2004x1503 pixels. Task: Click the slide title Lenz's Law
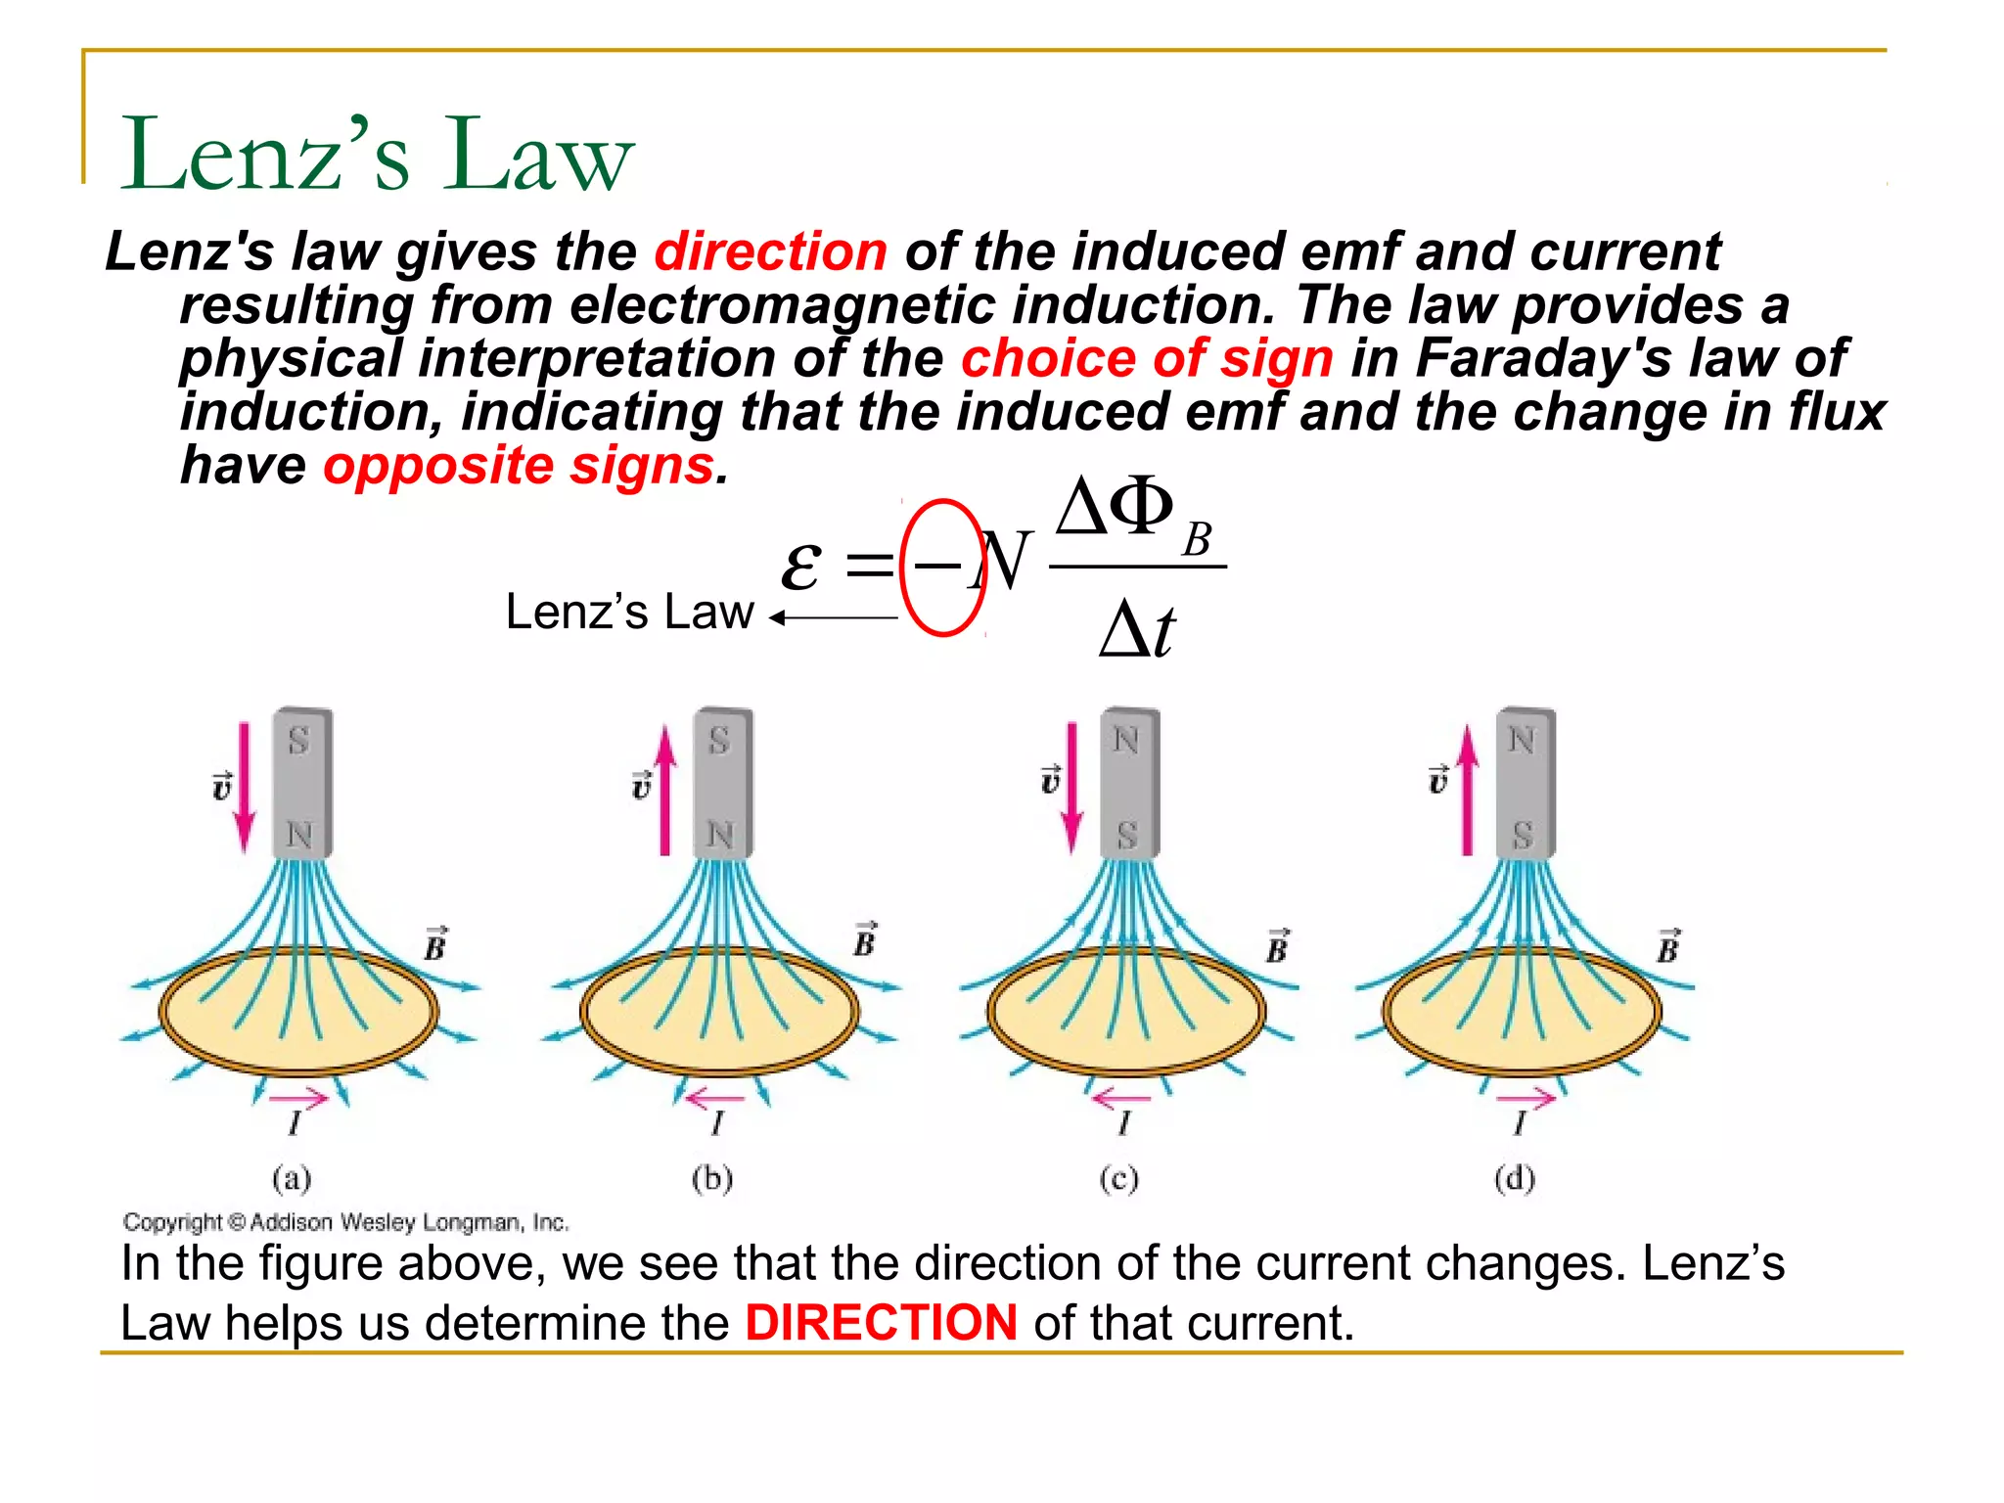coord(377,155)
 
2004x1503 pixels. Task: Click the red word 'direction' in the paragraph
coord(771,251)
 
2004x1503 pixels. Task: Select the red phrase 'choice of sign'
coord(1147,358)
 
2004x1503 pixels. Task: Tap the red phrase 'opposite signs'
coord(519,465)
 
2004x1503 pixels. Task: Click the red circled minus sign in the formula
coord(940,567)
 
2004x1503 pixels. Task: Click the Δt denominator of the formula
coord(1137,629)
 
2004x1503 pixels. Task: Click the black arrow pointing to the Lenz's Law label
coord(833,617)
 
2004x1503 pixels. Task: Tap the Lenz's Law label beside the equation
coord(629,612)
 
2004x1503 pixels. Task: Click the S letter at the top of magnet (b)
coord(720,741)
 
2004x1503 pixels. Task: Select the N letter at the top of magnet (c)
coord(1126,740)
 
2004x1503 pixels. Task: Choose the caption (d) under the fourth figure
coord(1515,1178)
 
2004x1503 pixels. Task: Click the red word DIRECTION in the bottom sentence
coord(881,1323)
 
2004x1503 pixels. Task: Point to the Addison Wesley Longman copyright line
coord(345,1222)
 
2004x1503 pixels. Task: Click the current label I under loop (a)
coord(295,1122)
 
